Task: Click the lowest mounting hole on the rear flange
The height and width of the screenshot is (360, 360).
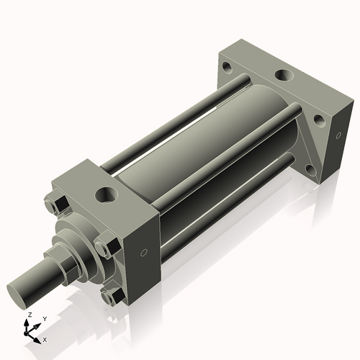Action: (310, 171)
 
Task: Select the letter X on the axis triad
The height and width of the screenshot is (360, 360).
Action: (45, 338)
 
